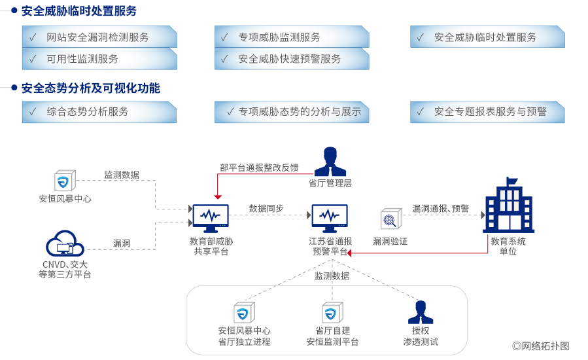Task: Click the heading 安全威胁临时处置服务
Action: [79, 11]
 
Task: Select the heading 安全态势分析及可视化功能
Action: [90, 88]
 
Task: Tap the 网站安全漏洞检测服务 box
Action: [99, 37]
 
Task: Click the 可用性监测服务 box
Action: [99, 59]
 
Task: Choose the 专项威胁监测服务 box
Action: [292, 37]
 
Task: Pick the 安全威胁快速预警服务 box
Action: [292, 59]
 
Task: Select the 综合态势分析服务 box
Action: [99, 112]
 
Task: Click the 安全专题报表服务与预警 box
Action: [487, 112]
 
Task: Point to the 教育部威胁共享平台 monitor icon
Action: [211, 218]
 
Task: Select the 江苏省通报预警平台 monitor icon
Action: [330, 218]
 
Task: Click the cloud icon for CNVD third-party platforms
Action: [65, 244]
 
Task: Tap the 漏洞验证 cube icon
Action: [390, 219]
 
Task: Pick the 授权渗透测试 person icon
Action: [421, 312]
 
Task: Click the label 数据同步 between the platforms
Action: [266, 208]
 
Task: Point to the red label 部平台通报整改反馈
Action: [259, 168]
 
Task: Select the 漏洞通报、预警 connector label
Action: [440, 208]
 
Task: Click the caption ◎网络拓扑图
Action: [541, 346]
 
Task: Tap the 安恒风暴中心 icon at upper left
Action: [65, 181]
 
